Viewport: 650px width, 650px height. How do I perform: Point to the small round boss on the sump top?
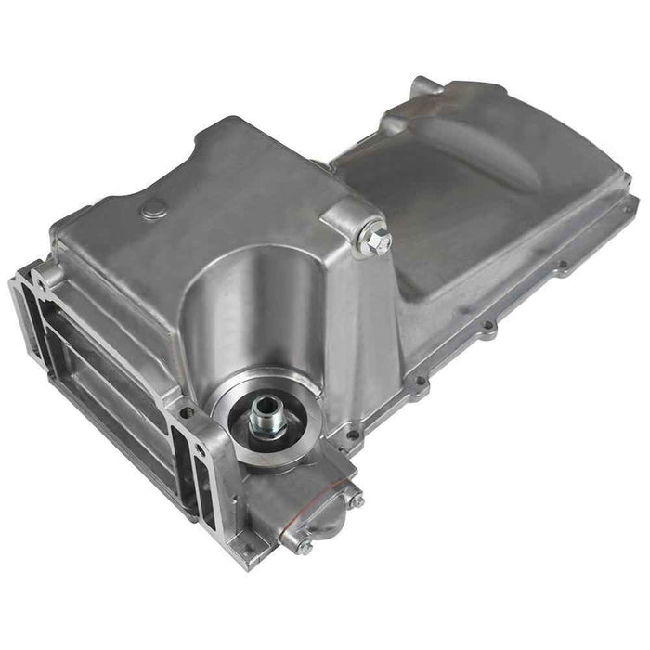tap(149, 213)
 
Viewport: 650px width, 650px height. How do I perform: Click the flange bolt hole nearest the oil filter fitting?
tap(351, 434)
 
